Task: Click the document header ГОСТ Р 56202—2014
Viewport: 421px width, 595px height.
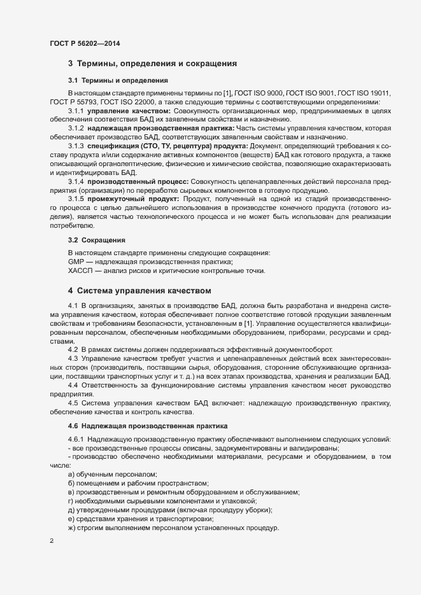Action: (x=84, y=43)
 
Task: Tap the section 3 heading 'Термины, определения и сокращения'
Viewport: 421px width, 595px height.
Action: (x=153, y=64)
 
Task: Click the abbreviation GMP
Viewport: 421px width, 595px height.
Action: (x=76, y=262)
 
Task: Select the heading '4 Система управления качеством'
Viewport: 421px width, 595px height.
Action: (x=139, y=291)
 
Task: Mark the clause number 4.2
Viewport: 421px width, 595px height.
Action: (x=73, y=351)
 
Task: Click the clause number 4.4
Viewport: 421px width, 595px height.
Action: (x=73, y=386)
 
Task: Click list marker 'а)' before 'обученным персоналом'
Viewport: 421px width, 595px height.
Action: (x=71, y=475)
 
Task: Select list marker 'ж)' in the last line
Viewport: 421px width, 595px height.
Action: (x=72, y=529)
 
